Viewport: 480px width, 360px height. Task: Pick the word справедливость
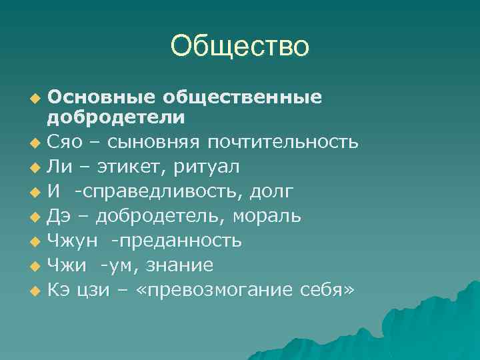163,191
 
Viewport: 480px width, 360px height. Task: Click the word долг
271,191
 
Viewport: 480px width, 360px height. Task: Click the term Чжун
70,241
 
